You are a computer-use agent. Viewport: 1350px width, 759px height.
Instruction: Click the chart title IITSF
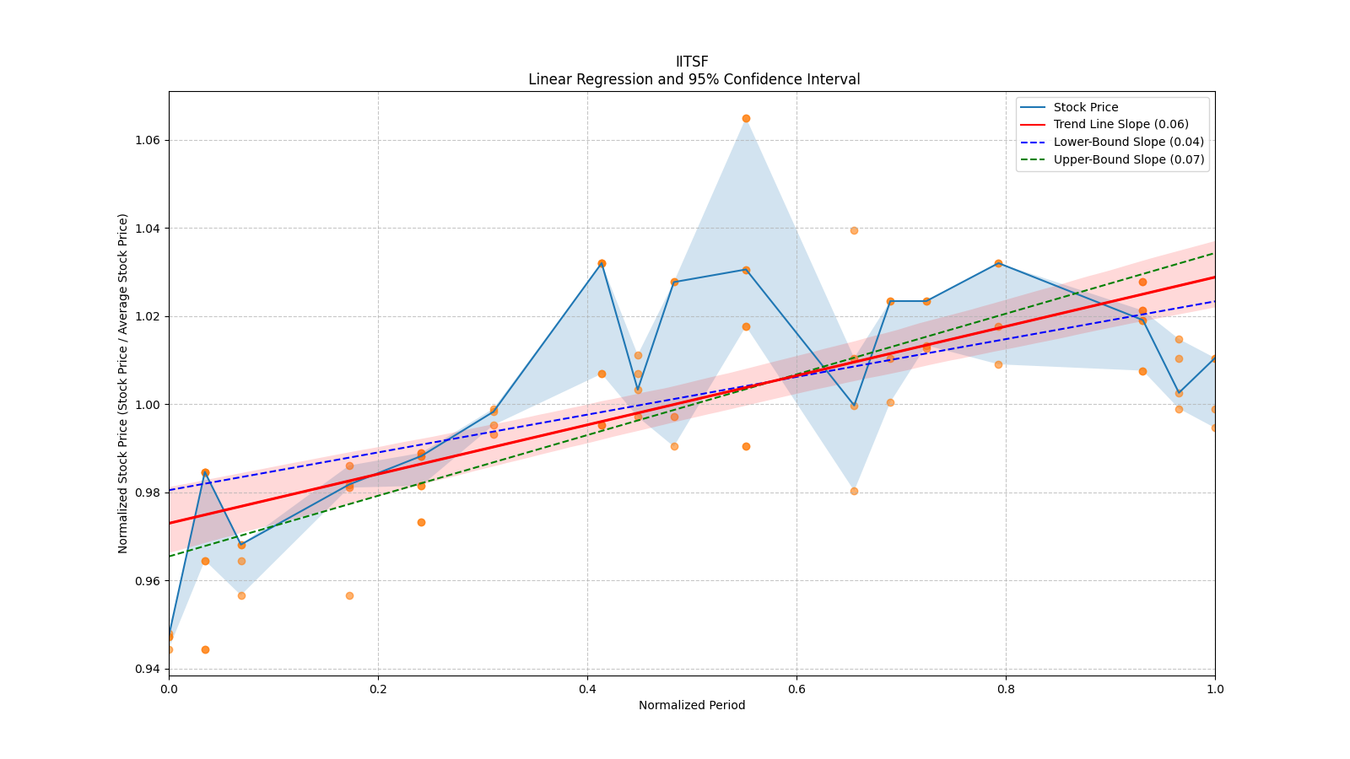pos(692,62)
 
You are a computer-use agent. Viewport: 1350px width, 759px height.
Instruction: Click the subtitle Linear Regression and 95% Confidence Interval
pos(694,79)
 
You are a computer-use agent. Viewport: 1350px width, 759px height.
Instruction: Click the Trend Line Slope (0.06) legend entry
pos(1120,125)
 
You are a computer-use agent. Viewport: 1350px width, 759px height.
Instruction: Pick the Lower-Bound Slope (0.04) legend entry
pos(1128,143)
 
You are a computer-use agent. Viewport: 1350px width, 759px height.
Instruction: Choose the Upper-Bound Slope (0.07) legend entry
pos(1128,159)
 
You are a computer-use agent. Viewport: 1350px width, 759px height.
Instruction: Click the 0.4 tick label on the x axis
pos(587,689)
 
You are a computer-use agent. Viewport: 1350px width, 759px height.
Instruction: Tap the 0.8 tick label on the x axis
pos(1006,689)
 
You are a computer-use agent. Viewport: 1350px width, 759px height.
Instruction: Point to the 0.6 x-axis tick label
pos(796,689)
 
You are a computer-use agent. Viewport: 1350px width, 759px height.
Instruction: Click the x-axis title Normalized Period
pos(692,705)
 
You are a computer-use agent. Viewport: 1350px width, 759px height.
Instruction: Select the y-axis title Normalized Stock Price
pos(123,383)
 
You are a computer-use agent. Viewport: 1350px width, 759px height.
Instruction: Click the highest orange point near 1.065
pos(746,119)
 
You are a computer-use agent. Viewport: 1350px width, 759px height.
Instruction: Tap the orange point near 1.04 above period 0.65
pos(854,230)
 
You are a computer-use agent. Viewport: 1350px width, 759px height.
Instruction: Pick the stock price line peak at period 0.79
pos(998,263)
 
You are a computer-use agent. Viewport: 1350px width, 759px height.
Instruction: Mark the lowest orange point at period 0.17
pos(349,595)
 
